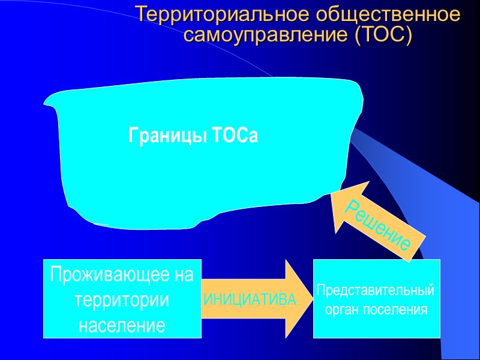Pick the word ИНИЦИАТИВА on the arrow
pyautogui.click(x=251, y=299)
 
